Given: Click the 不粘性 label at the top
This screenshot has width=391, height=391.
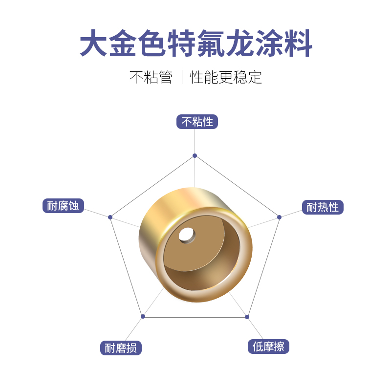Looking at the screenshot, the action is [x=197, y=122].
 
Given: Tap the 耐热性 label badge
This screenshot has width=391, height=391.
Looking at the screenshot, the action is [x=323, y=207].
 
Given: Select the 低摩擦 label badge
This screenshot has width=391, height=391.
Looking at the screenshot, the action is [x=268, y=347].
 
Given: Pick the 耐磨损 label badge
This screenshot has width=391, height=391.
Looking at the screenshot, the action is [x=121, y=348].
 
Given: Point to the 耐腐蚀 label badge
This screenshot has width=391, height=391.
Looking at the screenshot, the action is [x=63, y=206].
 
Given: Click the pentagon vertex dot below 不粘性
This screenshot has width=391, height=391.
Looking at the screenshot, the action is [x=195, y=155].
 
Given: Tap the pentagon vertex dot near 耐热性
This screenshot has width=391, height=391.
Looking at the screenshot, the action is [x=280, y=217].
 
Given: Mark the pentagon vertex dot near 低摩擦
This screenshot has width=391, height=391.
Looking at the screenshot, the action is [x=247, y=317].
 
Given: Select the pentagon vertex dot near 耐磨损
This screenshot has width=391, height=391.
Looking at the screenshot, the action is [x=143, y=316].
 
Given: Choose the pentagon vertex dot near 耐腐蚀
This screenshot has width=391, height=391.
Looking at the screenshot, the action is [x=110, y=217].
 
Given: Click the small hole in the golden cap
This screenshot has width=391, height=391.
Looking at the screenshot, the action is [x=186, y=235].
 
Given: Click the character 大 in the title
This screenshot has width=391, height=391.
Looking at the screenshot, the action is [x=94, y=44].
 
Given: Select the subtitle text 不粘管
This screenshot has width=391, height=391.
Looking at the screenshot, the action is [x=151, y=77].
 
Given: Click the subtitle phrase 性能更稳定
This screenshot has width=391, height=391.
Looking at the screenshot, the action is [x=226, y=77].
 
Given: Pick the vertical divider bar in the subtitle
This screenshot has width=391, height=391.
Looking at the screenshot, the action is [x=182, y=77].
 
